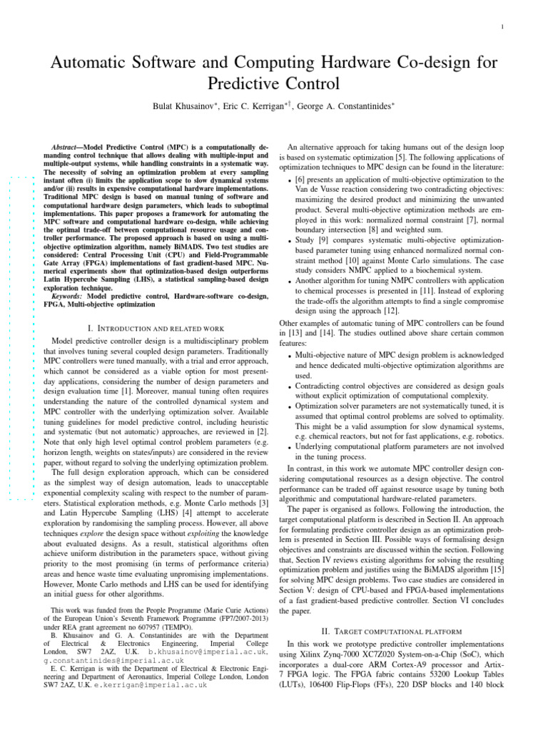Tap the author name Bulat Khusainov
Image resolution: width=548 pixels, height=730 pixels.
pyautogui.click(x=191, y=106)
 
